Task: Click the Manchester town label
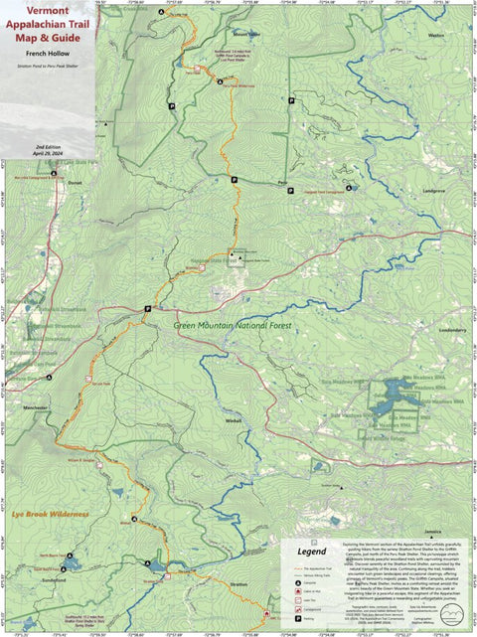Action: point(37,407)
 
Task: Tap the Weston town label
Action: point(433,35)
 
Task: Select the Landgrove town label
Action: point(433,189)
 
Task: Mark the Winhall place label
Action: point(234,419)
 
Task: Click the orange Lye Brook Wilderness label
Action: point(51,514)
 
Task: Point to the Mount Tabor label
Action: point(247,34)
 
